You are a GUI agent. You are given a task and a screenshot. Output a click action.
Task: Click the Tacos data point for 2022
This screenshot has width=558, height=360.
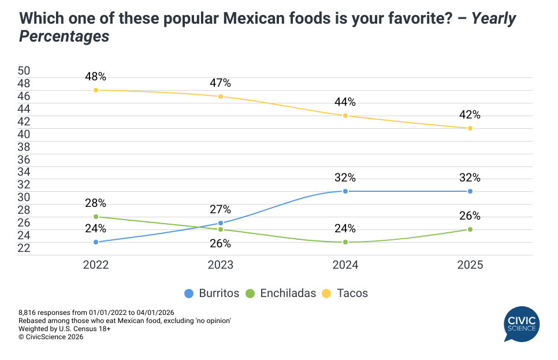click(96, 90)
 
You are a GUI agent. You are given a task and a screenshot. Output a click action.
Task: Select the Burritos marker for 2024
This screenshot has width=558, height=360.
click(345, 191)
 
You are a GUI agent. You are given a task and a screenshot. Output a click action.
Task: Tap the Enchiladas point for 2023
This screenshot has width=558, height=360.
click(221, 229)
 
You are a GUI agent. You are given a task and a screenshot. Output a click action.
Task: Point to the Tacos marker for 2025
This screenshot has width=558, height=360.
click(470, 128)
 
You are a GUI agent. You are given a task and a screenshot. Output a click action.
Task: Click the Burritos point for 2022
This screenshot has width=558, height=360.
click(96, 242)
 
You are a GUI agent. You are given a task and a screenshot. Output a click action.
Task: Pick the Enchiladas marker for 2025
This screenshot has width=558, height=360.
click(470, 229)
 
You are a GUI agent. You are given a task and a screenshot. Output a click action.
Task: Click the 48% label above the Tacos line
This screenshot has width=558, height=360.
click(96, 77)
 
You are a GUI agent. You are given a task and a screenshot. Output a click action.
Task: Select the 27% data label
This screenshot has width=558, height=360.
click(221, 210)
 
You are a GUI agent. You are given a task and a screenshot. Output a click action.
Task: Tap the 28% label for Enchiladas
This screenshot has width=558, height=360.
click(96, 203)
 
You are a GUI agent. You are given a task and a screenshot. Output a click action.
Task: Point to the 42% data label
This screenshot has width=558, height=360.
click(470, 115)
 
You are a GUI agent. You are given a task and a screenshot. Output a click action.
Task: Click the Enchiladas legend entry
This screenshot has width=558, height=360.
click(281, 293)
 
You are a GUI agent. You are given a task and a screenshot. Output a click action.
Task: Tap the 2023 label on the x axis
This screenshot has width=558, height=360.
click(221, 265)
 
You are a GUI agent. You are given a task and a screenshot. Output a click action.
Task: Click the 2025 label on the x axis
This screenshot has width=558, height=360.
click(470, 265)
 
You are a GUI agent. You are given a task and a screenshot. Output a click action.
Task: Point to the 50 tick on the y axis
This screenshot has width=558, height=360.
click(24, 71)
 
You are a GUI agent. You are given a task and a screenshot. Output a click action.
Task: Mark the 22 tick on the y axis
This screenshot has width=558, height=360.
click(24, 248)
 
